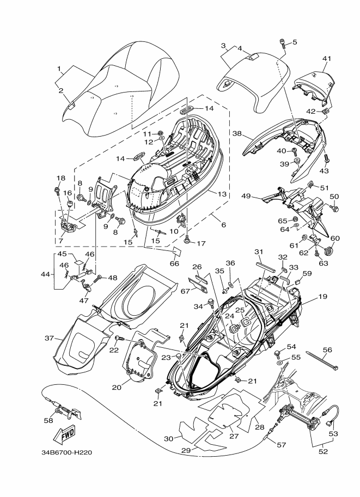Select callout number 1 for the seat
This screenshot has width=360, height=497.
(x=59, y=69)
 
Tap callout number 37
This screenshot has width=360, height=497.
(x=49, y=339)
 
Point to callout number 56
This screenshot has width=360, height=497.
(x=327, y=350)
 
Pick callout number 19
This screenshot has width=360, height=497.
(x=323, y=297)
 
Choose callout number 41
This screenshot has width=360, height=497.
(x=326, y=58)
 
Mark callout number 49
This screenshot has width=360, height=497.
(x=246, y=196)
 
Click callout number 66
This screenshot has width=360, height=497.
(x=174, y=264)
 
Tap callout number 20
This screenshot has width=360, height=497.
(x=115, y=388)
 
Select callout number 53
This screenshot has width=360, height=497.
(x=333, y=434)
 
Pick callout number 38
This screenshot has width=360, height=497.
(x=237, y=133)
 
